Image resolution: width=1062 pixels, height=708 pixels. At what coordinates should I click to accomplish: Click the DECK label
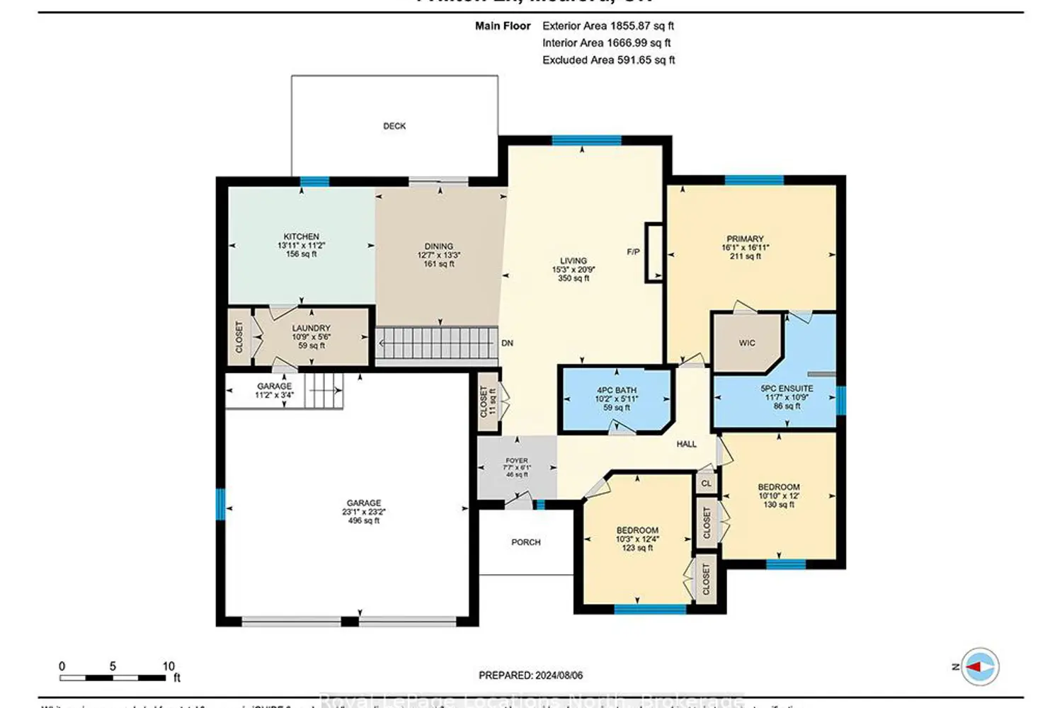[x=394, y=126]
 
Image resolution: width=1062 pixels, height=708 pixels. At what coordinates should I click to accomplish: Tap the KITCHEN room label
[x=301, y=236]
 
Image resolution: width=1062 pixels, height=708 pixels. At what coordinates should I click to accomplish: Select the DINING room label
[x=438, y=246]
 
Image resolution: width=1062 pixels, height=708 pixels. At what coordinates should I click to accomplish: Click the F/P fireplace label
[x=633, y=252]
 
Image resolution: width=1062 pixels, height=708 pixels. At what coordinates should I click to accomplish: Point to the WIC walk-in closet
[x=747, y=343]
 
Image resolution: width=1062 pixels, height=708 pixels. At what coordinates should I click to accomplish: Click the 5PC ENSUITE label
[x=787, y=389]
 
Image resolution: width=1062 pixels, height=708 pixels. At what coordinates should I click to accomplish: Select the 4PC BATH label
[x=616, y=390]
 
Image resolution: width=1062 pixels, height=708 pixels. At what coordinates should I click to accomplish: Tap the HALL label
[x=686, y=444]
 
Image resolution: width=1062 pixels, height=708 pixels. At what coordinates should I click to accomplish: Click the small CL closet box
[x=706, y=484]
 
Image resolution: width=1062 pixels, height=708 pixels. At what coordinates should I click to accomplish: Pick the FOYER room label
[x=516, y=460]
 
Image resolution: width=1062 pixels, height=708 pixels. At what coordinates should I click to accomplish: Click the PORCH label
[x=525, y=542]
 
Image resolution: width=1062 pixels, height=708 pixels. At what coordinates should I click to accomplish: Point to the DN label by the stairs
[x=507, y=343]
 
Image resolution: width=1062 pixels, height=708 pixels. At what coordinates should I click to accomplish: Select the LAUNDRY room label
[x=311, y=329]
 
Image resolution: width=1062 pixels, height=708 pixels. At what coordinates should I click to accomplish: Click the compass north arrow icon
[x=980, y=667]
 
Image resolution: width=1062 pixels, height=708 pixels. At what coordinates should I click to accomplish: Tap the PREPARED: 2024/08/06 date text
[x=530, y=675]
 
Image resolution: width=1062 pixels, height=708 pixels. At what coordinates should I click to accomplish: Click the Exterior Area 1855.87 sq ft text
[x=607, y=25]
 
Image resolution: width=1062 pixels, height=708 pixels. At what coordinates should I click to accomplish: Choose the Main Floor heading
[x=503, y=25]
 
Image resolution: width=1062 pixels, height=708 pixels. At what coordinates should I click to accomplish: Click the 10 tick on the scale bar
[x=168, y=666]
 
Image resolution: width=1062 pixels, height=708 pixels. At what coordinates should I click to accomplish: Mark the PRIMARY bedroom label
[x=745, y=239]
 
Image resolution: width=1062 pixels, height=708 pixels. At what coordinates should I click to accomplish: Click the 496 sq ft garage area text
[x=363, y=520]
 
